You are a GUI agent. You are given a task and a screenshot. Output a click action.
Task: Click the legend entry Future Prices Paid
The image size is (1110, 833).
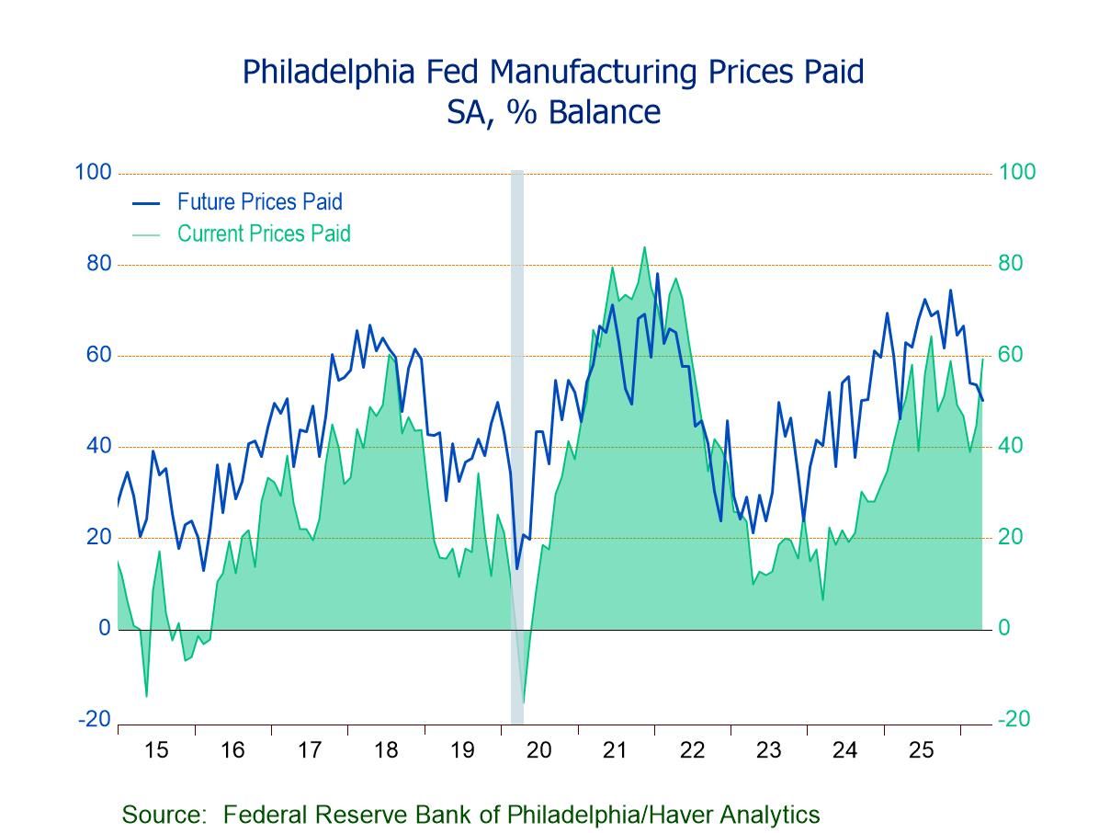coord(259,201)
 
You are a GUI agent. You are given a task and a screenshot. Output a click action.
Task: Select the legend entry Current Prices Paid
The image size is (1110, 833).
coord(264,234)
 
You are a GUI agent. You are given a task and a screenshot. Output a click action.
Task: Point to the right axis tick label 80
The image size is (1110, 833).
coord(1011,264)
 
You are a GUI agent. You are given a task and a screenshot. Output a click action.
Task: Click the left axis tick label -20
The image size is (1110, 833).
coord(95,719)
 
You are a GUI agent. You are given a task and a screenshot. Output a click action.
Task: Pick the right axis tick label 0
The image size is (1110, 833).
coord(1005,629)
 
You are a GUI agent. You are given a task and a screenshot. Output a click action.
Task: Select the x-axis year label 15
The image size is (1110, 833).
coord(155,750)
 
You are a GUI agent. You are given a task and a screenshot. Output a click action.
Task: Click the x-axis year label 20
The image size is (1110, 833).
coord(539,750)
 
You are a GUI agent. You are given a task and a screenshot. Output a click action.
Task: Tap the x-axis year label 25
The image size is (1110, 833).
coord(922,750)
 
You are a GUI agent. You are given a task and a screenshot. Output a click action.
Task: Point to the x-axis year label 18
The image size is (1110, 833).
coord(386,750)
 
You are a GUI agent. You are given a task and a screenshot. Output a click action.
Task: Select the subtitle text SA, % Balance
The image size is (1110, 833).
coord(553,112)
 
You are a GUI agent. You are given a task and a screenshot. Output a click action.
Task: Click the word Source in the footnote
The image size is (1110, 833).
coord(163,814)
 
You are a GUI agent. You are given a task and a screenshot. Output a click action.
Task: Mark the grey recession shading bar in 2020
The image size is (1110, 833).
coord(517,441)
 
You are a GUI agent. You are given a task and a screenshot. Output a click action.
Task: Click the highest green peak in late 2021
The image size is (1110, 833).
coord(644,247)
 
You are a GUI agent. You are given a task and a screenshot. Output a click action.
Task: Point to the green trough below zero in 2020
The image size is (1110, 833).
coord(524,702)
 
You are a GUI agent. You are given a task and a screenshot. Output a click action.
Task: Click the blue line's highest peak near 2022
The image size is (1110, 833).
coord(657,273)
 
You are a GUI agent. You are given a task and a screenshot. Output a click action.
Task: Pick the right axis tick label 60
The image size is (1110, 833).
coord(1011,355)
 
